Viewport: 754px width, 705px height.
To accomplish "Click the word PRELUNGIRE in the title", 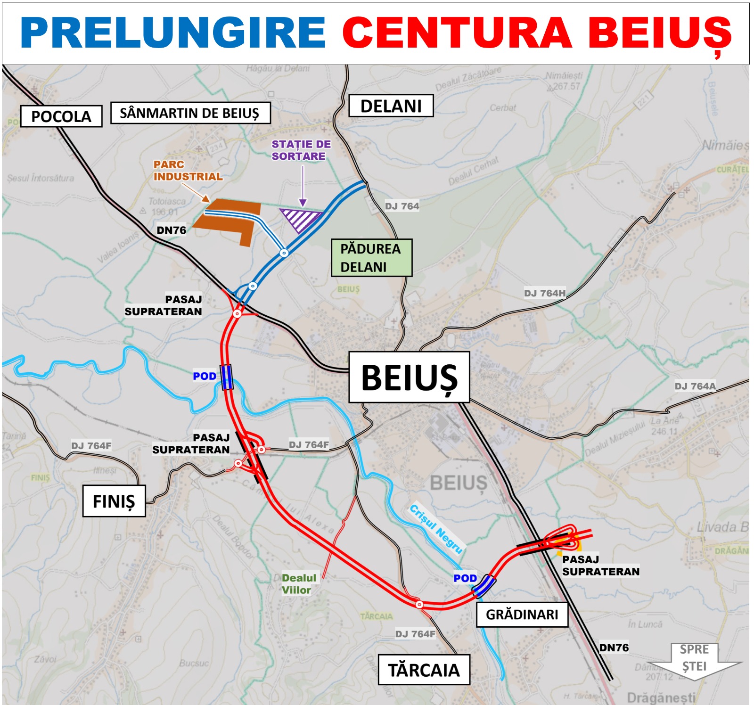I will pyautogui.click(x=172, y=33).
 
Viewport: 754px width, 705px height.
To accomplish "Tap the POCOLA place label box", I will pyautogui.click(x=61, y=116).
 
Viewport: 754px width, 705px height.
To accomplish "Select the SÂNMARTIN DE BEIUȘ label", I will pyautogui.click(x=190, y=113).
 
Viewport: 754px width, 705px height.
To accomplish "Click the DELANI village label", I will pyautogui.click(x=391, y=106).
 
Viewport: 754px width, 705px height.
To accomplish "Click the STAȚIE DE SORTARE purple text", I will pyautogui.click(x=301, y=150).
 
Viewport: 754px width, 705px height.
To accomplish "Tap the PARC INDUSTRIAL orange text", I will pyautogui.click(x=188, y=171).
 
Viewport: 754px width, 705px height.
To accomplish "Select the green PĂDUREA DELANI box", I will pyautogui.click(x=371, y=258).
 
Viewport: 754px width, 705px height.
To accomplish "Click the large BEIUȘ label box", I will pyautogui.click(x=409, y=377).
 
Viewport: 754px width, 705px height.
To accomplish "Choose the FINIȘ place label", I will pyautogui.click(x=114, y=501).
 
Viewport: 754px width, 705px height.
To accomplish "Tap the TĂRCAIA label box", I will pyautogui.click(x=424, y=670).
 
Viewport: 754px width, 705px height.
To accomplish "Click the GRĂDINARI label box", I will pyautogui.click(x=522, y=615).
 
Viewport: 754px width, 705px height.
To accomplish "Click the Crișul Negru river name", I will pyautogui.click(x=436, y=528).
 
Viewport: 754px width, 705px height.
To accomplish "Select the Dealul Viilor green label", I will pyautogui.click(x=298, y=584).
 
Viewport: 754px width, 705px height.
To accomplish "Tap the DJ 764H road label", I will pyautogui.click(x=545, y=293).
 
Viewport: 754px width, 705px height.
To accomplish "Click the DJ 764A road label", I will pyautogui.click(x=695, y=386).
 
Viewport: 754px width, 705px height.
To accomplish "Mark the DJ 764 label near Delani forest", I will pyautogui.click(x=402, y=206).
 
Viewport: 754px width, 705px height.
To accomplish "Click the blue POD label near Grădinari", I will pyautogui.click(x=465, y=578).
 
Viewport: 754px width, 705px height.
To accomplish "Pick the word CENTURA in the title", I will pyautogui.click(x=457, y=33).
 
